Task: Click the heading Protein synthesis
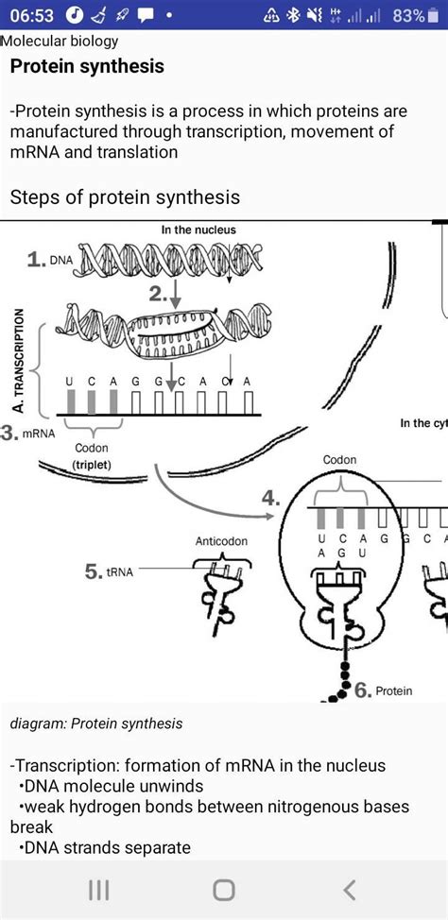click(x=87, y=66)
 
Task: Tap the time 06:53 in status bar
click(x=33, y=16)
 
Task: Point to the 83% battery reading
click(x=408, y=16)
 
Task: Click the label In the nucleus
click(x=198, y=230)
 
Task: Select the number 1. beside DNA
click(x=37, y=261)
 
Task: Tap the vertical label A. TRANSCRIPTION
click(x=20, y=360)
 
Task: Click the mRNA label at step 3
click(x=38, y=434)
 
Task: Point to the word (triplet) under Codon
click(x=91, y=464)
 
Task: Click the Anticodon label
click(x=221, y=541)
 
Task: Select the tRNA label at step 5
click(x=119, y=572)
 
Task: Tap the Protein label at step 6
click(x=393, y=691)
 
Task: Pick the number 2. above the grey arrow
click(x=157, y=296)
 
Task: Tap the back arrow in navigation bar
click(x=350, y=890)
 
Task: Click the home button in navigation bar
click(x=224, y=890)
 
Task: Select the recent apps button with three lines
click(x=98, y=890)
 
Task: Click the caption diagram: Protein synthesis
click(x=96, y=724)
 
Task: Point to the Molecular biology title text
click(x=60, y=41)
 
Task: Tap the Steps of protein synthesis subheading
click(x=125, y=196)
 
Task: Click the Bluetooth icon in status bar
click(x=293, y=16)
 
